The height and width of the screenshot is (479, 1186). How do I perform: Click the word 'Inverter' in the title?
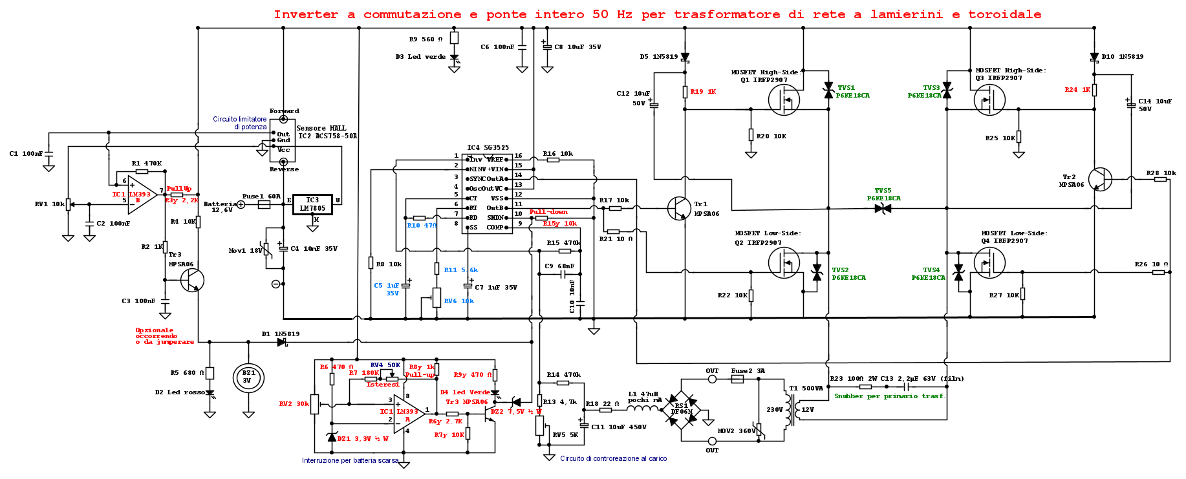coord(306,14)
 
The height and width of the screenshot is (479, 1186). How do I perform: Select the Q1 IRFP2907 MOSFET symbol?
coord(784,100)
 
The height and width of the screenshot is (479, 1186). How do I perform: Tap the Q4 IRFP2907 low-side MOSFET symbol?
coord(989,263)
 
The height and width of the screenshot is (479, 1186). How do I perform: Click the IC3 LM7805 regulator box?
coord(312,204)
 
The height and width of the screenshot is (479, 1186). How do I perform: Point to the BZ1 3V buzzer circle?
coord(248,377)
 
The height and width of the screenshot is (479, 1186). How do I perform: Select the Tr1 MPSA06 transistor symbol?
coord(678,208)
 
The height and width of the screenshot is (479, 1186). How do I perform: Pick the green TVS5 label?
coord(883,191)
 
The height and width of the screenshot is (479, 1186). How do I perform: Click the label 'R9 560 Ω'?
coord(426,39)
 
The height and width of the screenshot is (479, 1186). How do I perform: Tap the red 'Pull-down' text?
coord(548,212)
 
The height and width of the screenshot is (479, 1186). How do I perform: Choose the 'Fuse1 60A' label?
coord(261,197)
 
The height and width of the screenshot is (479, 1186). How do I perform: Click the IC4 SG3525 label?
coord(488,148)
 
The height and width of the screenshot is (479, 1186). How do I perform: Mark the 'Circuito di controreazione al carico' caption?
coord(613,459)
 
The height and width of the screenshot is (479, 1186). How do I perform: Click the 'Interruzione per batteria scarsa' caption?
coord(350,461)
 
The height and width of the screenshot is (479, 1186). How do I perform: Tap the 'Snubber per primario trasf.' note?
coord(889,396)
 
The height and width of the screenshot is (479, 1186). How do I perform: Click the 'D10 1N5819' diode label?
coord(1122,57)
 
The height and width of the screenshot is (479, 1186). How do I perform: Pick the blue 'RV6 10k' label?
coord(458,301)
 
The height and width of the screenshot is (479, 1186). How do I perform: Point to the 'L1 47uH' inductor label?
coord(643,394)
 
